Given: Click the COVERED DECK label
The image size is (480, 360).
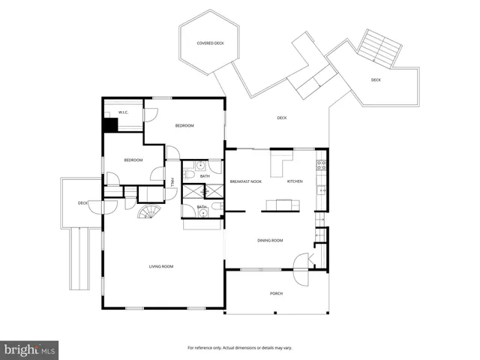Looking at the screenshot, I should coord(210,43).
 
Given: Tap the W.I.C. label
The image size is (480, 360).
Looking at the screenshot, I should coord(124,112).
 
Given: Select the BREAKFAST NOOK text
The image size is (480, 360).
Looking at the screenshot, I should coord(245,181).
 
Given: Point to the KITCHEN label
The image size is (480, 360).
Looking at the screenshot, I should coord(295,181).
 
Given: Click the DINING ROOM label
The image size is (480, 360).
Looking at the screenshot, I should coord(270,240).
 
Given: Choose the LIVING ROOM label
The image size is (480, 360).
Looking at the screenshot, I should coord(161,266).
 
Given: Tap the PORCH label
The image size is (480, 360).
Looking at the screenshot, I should coord(276,293).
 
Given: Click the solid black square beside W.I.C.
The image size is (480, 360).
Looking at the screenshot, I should coord(110,124).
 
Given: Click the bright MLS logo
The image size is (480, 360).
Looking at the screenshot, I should coord(30,349).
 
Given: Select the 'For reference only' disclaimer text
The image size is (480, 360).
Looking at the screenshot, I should coord(240,348).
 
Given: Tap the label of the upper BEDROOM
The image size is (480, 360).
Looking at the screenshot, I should coord(184,125).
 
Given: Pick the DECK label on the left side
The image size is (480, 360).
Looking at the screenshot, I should coord(82,202).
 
